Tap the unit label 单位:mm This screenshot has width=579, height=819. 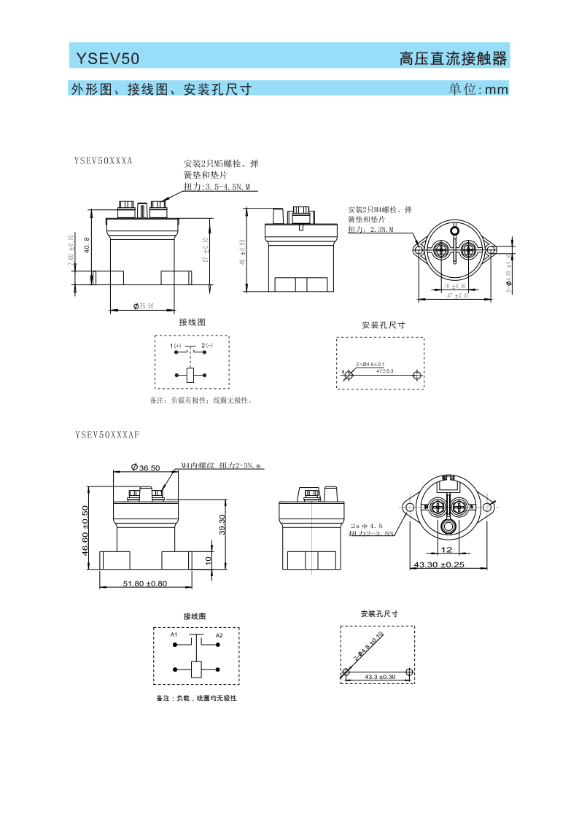click(478, 90)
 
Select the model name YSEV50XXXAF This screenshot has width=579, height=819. click(107, 435)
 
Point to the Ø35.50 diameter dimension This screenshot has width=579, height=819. click(144, 306)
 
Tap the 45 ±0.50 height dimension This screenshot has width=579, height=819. click(242, 252)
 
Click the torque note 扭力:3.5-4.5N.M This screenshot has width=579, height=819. click(217, 187)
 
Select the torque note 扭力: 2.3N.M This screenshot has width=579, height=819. click(370, 230)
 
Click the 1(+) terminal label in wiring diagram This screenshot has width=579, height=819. click(176, 345)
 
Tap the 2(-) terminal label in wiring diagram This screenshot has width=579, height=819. click(207, 345)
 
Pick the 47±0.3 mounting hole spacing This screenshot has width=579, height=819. click(385, 371)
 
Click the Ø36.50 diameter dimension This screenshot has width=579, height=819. click(145, 467)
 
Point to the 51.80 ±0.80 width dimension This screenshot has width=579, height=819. click(146, 583)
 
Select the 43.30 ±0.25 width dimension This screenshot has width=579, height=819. click(439, 565)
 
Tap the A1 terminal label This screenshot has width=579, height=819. click(174, 635)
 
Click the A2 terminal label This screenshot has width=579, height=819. click(219, 635)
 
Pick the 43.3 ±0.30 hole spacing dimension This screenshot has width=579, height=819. click(380, 677)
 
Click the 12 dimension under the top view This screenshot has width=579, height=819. click(446, 550)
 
